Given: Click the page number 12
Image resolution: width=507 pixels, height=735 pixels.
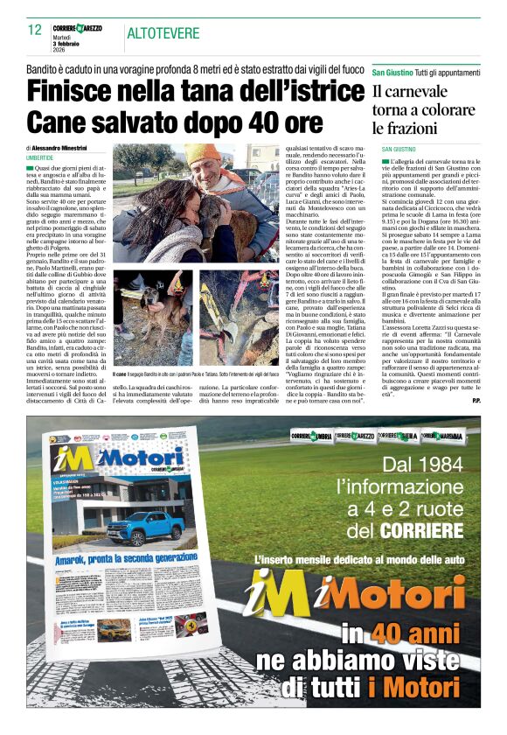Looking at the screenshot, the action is (x=34, y=30).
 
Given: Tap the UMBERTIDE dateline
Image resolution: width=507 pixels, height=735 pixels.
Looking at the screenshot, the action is (x=45, y=157).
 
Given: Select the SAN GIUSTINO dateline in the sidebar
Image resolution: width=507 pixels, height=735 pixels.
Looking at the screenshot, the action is (x=398, y=150).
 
